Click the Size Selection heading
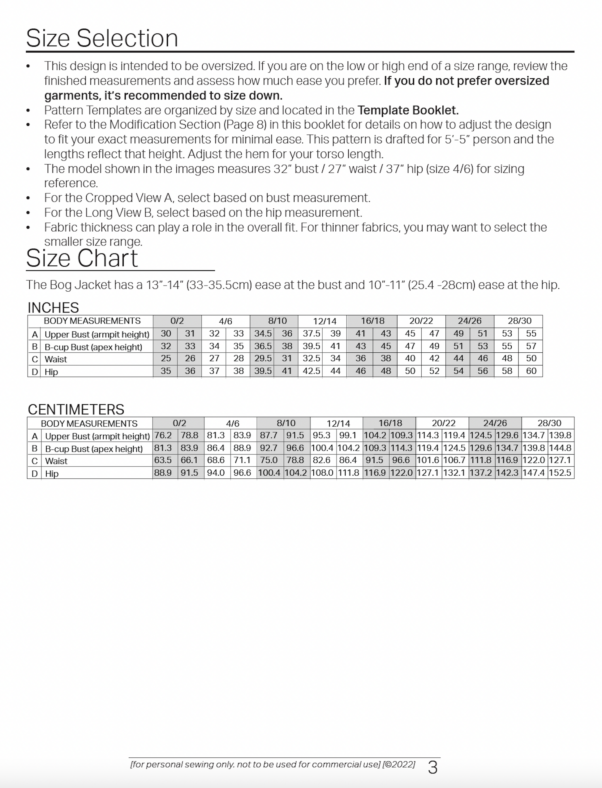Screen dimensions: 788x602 coord(102,38)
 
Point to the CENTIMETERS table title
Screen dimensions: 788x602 coord(76,409)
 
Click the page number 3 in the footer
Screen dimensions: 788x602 coord(432,768)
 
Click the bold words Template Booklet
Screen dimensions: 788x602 coord(408,110)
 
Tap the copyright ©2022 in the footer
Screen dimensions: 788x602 coord(399,764)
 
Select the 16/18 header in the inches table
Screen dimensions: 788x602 coord(372,321)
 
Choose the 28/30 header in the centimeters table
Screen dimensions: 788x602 coord(549,423)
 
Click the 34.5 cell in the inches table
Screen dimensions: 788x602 coord(263,333)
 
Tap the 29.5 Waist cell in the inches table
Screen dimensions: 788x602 coord(263,358)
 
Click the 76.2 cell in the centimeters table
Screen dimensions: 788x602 coord(163,435)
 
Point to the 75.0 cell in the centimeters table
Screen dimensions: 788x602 coord(269,460)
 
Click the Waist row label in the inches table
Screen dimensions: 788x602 coord(56,359)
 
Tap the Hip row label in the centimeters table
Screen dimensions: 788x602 coord(52,474)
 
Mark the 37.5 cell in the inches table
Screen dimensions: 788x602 coord(312,333)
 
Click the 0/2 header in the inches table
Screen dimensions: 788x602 coord(177,321)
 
